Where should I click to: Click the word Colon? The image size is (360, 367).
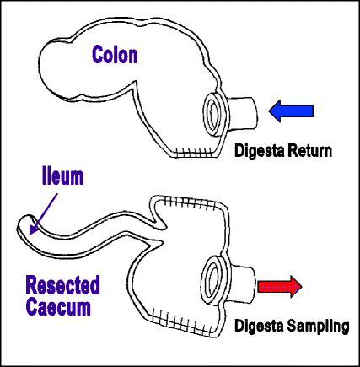point(115,55)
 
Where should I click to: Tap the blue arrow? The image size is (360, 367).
point(291,111)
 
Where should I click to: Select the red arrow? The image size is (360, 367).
point(280,286)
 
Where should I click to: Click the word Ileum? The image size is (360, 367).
point(62,176)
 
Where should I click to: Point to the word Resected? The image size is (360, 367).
point(62,285)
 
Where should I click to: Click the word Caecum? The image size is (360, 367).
point(58,306)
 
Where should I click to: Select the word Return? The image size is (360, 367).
point(309,150)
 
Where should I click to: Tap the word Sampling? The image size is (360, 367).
point(319,326)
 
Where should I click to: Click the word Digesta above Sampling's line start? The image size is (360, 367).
point(259,326)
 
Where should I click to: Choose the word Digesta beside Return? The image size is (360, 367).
point(259,151)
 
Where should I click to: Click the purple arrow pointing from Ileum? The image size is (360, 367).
point(43,213)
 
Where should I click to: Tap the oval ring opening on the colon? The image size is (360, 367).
point(215,114)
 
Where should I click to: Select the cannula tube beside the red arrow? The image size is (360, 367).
point(242,285)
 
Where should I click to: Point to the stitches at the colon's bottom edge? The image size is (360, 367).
point(194,153)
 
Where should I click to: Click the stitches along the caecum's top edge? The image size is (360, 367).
point(191,203)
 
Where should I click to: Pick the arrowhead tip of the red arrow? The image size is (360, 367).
point(302,286)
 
